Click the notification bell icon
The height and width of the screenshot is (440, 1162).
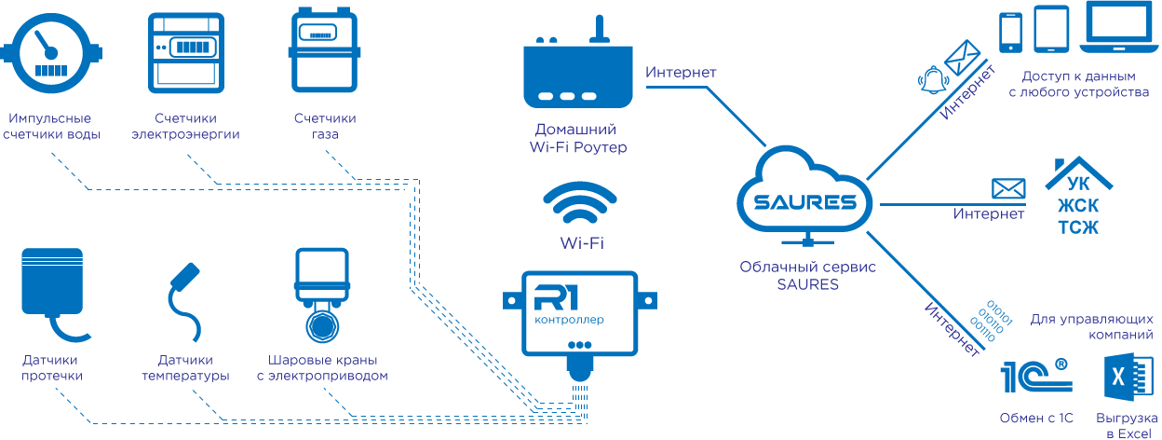click(931, 80)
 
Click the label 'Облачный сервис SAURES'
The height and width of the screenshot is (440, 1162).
click(808, 275)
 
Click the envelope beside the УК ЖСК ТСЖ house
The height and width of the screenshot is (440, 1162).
click(1007, 188)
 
